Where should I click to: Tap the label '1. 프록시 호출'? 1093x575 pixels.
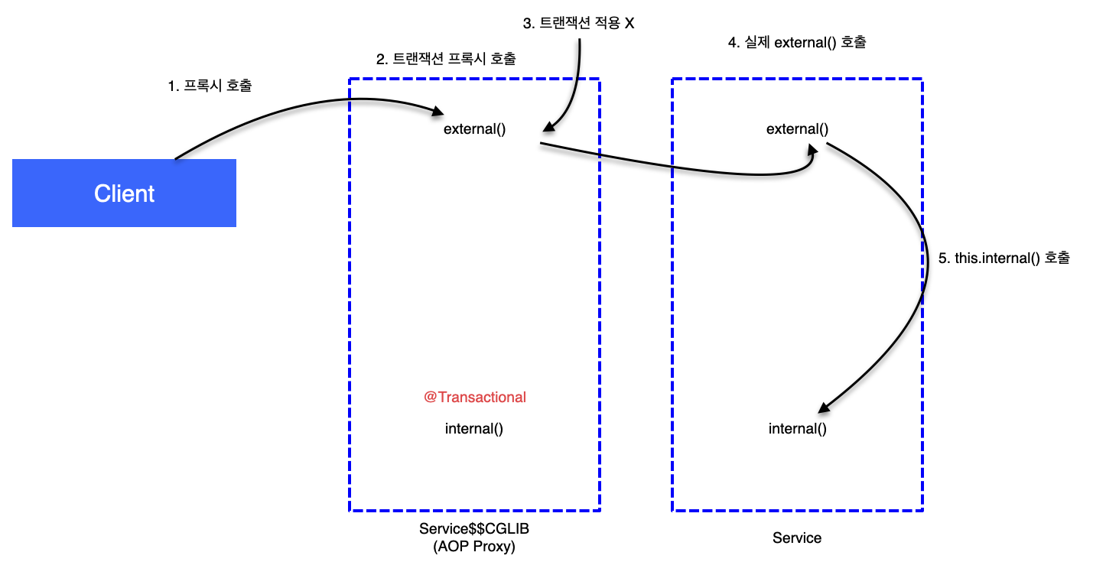point(210,86)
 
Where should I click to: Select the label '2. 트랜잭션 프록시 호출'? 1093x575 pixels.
point(446,59)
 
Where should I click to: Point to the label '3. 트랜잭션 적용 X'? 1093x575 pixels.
point(578,24)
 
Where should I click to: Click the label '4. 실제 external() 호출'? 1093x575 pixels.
point(796,43)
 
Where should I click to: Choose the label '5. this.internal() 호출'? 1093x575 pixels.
point(1004,258)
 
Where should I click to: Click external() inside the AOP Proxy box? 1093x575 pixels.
point(474,129)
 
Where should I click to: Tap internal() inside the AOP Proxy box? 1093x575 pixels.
point(474,429)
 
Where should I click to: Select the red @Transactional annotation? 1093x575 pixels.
point(475,398)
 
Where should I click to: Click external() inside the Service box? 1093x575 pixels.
point(797,129)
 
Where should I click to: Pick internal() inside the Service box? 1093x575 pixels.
point(798,429)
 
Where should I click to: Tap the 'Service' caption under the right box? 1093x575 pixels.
point(797,538)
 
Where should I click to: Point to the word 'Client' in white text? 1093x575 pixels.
point(124,193)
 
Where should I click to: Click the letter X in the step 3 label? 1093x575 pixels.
point(629,24)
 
